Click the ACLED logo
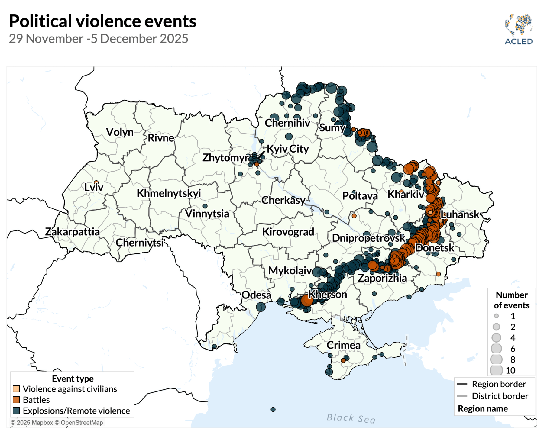[x=519, y=29]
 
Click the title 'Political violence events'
[x=103, y=21]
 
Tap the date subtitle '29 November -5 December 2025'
[x=99, y=39]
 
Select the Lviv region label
[x=94, y=188]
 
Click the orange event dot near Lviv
[x=96, y=182]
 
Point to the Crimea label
[x=344, y=345]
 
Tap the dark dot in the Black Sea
[x=273, y=410]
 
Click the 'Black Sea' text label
[x=351, y=419]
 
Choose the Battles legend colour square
[x=16, y=400]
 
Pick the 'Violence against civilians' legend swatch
[x=16, y=389]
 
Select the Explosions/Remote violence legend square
[x=16, y=411]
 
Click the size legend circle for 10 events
[x=496, y=370]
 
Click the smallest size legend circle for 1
[x=496, y=316]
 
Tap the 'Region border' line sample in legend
[x=462, y=384]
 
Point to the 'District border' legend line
[x=462, y=396]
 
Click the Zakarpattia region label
[x=73, y=232]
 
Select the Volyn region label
[x=120, y=132]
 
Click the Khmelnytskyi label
[x=169, y=193]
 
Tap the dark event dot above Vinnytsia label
[x=205, y=206]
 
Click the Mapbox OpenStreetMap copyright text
[x=57, y=423]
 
